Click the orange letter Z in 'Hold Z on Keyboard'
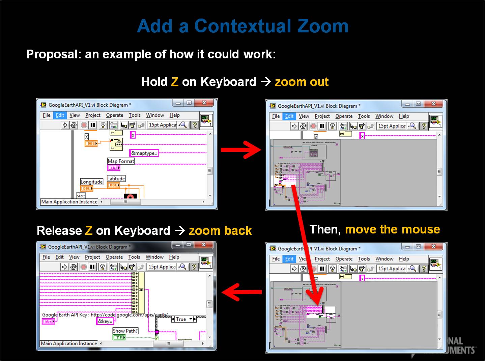click(174, 82)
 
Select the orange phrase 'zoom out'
click(302, 82)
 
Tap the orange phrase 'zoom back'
click(220, 231)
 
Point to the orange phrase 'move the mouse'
click(392, 229)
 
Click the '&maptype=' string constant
click(144, 153)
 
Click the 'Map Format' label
click(121, 161)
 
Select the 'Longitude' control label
click(91, 182)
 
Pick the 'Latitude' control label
click(116, 178)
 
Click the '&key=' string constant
click(105, 321)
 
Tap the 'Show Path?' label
click(125, 331)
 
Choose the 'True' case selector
click(181, 319)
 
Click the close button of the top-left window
click(204, 103)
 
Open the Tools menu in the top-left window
click(135, 115)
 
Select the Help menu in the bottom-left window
click(174, 257)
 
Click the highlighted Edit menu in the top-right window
click(289, 116)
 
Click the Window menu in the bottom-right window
click(384, 259)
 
